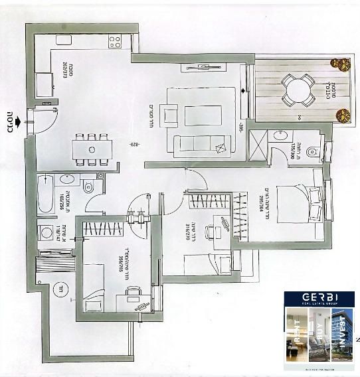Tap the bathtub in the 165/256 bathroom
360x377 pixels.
coord(45,193)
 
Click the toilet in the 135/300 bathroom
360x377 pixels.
coord(314,151)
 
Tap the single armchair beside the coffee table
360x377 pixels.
coord(169,117)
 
